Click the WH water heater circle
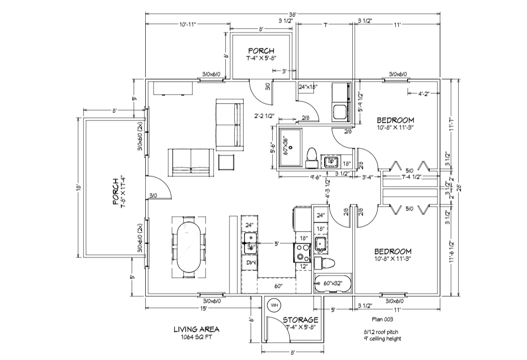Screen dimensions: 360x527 pos(274,306)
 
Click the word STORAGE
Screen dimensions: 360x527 pos(301,320)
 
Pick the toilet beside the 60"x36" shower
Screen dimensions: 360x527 pos(312,157)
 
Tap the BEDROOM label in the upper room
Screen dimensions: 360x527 pos(395,120)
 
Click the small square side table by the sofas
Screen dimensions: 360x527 pos(227,163)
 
